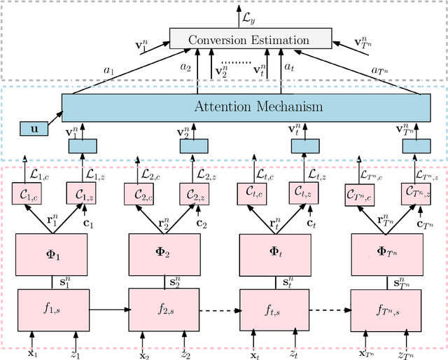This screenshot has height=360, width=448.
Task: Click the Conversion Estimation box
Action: [x=248, y=40]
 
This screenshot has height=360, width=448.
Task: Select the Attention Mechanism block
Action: [x=245, y=107]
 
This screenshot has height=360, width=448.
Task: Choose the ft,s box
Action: [x=274, y=307]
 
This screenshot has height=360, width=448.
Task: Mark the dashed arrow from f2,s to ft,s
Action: [x=219, y=307]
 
